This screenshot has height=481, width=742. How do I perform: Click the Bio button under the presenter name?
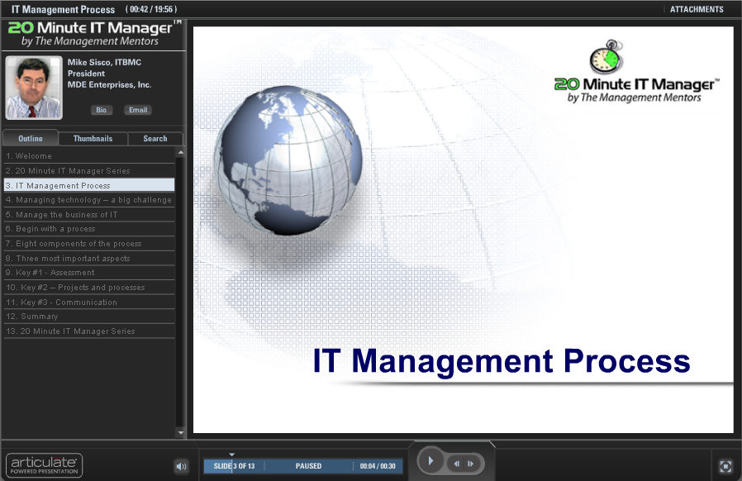coord(102,110)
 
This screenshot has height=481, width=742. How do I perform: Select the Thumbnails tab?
coord(93,139)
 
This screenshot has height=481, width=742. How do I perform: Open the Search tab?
coord(155,139)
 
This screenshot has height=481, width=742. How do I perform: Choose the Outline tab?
coord(31,139)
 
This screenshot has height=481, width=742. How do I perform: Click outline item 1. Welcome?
coord(29,156)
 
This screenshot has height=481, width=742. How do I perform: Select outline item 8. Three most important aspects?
coord(68,259)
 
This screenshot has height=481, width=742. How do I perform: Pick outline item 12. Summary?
coord(32,317)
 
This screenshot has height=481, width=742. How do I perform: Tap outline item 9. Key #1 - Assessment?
coord(50,273)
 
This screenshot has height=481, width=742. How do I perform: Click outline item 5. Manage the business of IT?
coord(62,215)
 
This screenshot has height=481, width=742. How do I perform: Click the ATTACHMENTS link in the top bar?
coord(697,10)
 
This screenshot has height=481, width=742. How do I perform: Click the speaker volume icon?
coord(182,467)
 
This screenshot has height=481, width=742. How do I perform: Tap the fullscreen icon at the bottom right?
coord(725,466)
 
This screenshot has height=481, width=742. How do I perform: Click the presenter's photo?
coord(34,88)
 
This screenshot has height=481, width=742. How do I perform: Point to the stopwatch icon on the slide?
coord(606,58)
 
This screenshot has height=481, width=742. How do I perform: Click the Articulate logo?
coord(44,464)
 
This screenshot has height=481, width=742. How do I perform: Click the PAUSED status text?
coord(308,467)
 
